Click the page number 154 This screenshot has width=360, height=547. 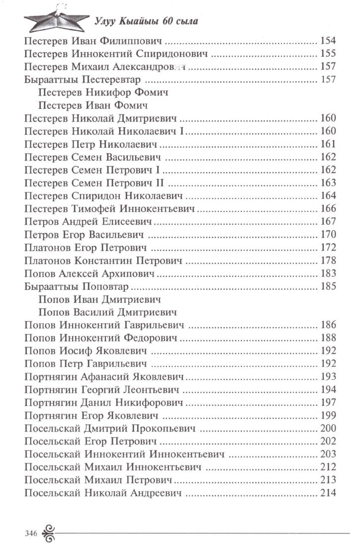[x=328, y=41]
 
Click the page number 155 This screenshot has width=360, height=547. [x=328, y=54]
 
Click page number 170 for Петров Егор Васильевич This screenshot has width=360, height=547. [x=328, y=235]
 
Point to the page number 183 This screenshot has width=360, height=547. [x=328, y=273]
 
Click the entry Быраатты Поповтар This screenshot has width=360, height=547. [x=77, y=286]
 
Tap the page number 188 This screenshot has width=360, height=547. [x=328, y=338]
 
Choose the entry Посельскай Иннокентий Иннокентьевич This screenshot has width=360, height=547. [x=123, y=455]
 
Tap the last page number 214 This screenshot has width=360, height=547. [x=328, y=493]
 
